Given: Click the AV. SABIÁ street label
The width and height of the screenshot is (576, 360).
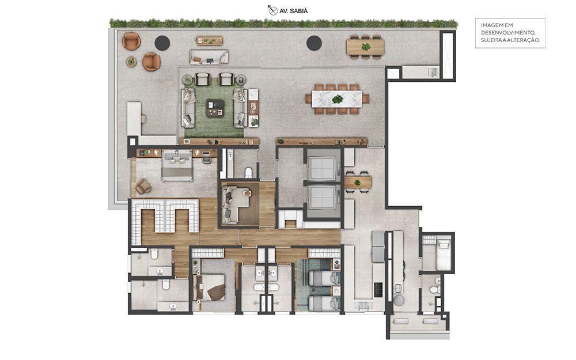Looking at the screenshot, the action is point(294,11).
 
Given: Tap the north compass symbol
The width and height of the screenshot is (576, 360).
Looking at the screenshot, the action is point(272,10).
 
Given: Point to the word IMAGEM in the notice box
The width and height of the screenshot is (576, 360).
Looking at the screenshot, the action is point(491,25).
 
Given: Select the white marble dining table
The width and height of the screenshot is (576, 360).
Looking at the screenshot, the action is point(337,99).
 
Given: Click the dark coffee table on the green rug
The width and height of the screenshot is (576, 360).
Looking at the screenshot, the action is point(215,108).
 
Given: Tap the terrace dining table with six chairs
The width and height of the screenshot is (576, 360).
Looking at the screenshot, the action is point(365,47).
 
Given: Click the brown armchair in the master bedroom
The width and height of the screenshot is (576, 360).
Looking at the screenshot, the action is point(143,186).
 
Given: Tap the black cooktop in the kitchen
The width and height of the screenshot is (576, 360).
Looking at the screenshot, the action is point(378,290).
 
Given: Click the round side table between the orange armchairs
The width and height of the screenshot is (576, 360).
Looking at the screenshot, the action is point(131,62).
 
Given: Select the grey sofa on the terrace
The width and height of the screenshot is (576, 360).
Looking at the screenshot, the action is point(209,57).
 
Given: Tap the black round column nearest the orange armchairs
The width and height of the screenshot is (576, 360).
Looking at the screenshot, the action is point(162,43).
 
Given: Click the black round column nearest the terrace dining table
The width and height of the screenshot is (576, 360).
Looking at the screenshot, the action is point(314,43).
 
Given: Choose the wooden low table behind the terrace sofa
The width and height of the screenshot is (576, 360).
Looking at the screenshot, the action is point(210,41).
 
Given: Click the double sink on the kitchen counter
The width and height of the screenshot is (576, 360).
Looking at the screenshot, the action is point(363,305).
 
